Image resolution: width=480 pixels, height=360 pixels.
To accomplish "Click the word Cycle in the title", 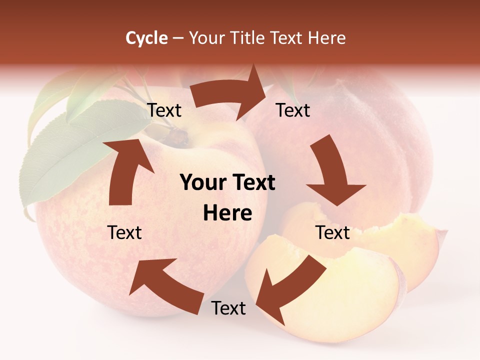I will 146,38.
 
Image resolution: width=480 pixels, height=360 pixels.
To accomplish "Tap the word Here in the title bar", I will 326,38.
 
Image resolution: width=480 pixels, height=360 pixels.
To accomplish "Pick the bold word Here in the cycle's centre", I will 227,213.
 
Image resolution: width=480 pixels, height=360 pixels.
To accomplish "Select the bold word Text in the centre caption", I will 252,182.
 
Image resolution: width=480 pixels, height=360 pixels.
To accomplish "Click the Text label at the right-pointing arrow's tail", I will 164,110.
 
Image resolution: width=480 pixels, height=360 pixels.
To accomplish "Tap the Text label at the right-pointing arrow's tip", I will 293,110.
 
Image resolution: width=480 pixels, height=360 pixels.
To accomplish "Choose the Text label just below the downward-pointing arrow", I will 333,232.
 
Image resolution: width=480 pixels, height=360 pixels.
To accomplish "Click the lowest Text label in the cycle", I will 228,308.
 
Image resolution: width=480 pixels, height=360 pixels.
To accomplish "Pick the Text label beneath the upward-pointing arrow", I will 124,232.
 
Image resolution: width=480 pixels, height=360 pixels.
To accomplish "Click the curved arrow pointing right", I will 230,94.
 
